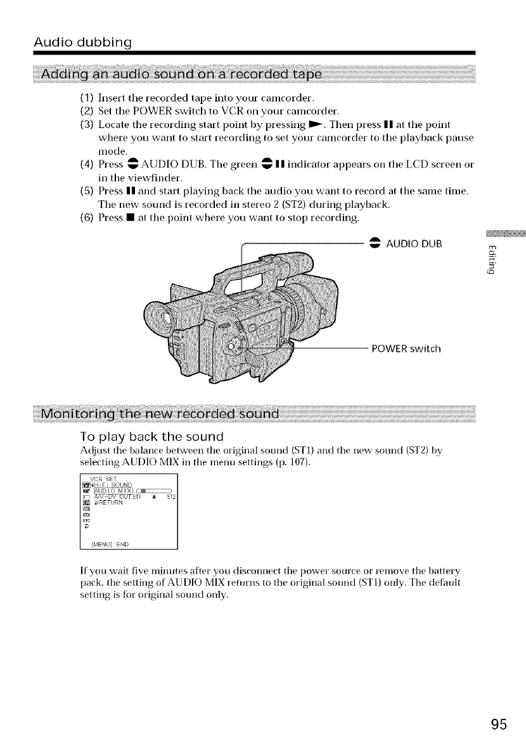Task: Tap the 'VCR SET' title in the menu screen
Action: [102, 477]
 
